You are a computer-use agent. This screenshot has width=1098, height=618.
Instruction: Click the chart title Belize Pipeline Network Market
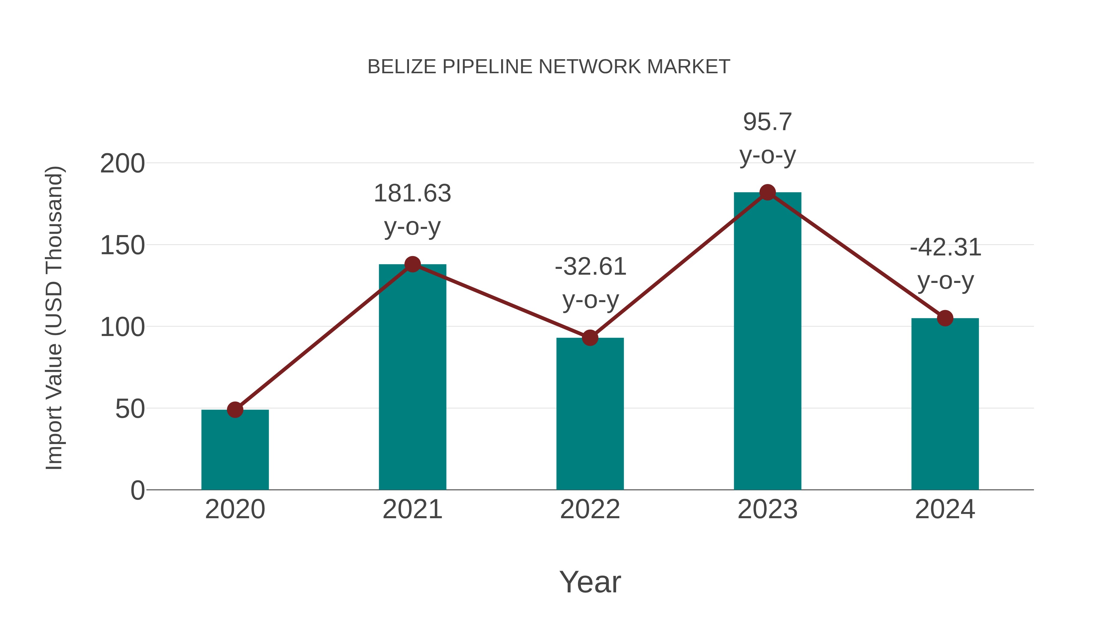(x=549, y=67)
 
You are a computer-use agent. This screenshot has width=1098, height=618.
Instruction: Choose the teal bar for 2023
(x=767, y=341)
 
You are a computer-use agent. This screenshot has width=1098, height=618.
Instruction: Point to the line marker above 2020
(x=235, y=410)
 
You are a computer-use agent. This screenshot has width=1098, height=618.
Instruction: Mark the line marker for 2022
(x=590, y=338)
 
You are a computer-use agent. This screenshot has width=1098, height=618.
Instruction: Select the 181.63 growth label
(x=412, y=193)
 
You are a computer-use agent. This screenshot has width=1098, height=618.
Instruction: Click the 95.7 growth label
(x=767, y=122)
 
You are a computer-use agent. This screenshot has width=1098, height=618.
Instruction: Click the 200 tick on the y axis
(x=122, y=164)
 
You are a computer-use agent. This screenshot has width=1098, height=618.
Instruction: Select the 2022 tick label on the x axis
(x=590, y=510)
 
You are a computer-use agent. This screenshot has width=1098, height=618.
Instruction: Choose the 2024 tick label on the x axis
(x=945, y=510)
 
